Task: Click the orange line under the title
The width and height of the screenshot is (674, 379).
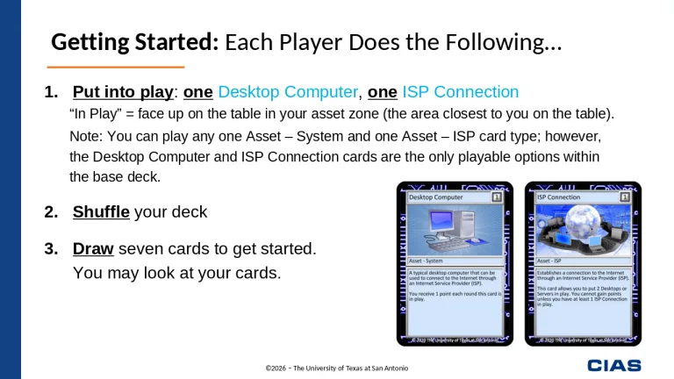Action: pos(115,67)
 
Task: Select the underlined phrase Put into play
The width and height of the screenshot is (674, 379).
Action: pos(124,92)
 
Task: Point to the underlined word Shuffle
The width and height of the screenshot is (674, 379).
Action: pos(101,212)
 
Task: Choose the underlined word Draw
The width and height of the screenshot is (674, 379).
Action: pos(93,249)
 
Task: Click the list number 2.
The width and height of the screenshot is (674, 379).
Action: pos(52,212)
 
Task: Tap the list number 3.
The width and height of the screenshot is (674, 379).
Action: pos(52,249)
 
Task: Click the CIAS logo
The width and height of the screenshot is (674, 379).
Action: pos(613,365)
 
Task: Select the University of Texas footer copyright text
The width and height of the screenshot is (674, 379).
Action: pos(337,368)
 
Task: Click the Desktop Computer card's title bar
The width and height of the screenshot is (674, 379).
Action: pos(448,198)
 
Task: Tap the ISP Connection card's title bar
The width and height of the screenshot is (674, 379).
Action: pos(574,198)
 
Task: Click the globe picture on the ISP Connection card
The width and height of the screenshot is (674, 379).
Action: pos(583,231)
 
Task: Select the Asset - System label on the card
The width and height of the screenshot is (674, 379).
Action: pos(430,261)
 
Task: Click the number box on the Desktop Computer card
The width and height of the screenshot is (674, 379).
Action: pos(497,198)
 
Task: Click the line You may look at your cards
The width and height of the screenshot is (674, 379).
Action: pos(176,273)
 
